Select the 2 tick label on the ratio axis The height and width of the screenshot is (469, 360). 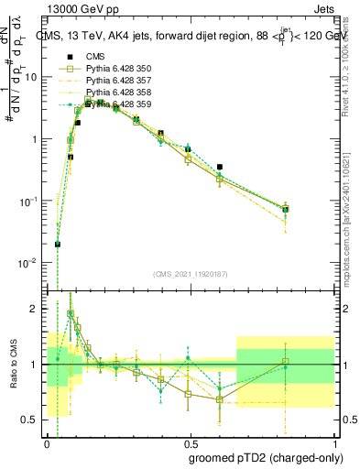(x=38, y=310)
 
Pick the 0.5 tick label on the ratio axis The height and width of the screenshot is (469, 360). (x=33, y=420)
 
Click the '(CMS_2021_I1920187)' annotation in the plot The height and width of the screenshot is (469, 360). (x=190, y=273)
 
